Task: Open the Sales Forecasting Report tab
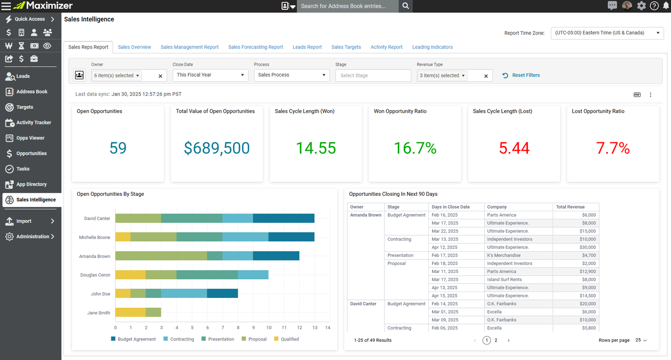click(255, 47)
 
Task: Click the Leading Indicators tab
click(432, 47)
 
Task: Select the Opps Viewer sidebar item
click(30, 138)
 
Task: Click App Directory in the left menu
click(31, 184)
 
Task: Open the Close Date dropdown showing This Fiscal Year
click(210, 75)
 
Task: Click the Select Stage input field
click(373, 76)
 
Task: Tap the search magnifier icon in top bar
click(406, 6)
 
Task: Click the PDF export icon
click(637, 95)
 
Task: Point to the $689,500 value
click(217, 148)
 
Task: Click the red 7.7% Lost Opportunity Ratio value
click(613, 148)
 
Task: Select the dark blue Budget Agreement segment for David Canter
click(283, 219)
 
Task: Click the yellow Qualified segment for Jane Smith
click(130, 312)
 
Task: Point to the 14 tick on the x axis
click(328, 327)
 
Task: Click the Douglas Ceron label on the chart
click(95, 275)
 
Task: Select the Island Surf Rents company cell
click(504, 280)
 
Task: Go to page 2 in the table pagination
click(496, 340)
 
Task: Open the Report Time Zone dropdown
click(607, 33)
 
